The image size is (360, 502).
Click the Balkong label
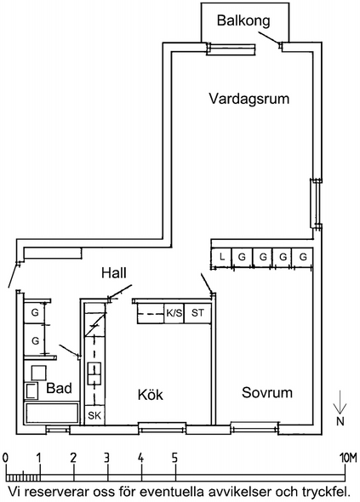pos(243,20)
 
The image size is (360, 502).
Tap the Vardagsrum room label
pos(249,99)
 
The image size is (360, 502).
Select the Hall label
pos(114,273)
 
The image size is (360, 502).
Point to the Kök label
pos(151,394)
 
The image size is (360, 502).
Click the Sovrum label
pos(267,392)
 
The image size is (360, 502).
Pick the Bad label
pos(59,388)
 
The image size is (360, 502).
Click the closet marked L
pos(221,258)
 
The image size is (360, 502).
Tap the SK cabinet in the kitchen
pos(94,415)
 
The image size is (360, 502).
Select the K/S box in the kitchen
pos(174,313)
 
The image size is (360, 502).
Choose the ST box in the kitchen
pos(197,313)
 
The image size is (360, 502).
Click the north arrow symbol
pos(340,403)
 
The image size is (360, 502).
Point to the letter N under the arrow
pos(340,422)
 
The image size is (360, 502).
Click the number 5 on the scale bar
pos(174,459)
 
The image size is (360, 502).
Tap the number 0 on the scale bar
pos(5,459)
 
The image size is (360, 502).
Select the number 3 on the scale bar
pos(107,459)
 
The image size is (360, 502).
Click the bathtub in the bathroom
pos(52,413)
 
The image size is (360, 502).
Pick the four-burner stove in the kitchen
pos(94,374)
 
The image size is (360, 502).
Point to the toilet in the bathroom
pos(31,391)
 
